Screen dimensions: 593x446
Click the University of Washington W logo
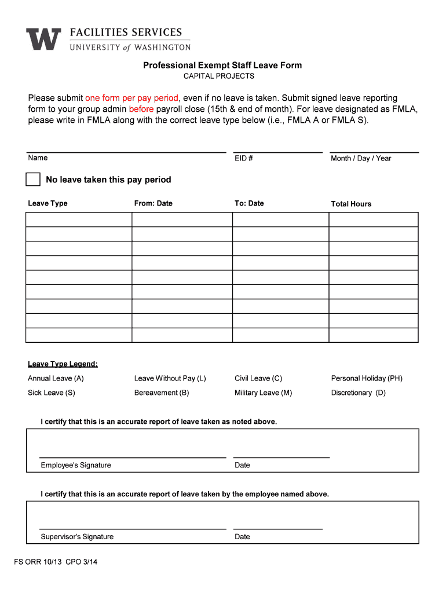point(43,39)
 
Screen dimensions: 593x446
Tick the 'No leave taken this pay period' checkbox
point(33,180)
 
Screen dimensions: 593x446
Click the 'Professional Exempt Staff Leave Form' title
point(222,65)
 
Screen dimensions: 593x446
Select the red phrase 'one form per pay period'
point(132,98)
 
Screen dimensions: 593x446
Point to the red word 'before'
point(141,109)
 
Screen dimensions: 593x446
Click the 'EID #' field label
point(243,158)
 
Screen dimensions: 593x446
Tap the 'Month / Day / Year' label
point(361,158)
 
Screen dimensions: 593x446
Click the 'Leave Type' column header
point(47,203)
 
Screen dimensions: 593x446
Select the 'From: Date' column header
point(153,203)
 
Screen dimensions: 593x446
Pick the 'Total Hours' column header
point(351,204)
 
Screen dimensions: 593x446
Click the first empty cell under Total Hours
point(373,219)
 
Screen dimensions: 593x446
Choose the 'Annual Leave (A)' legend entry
point(56,378)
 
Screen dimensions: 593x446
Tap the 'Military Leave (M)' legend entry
point(263,393)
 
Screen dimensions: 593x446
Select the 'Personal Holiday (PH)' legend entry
point(367,378)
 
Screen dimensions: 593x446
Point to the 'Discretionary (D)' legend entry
point(358,393)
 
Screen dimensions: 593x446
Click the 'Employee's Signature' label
point(76,465)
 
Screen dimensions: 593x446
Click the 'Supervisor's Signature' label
point(77,537)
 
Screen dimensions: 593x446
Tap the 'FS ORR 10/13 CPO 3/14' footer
point(56,562)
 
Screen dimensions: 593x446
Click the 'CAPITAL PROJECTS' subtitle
point(219,76)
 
